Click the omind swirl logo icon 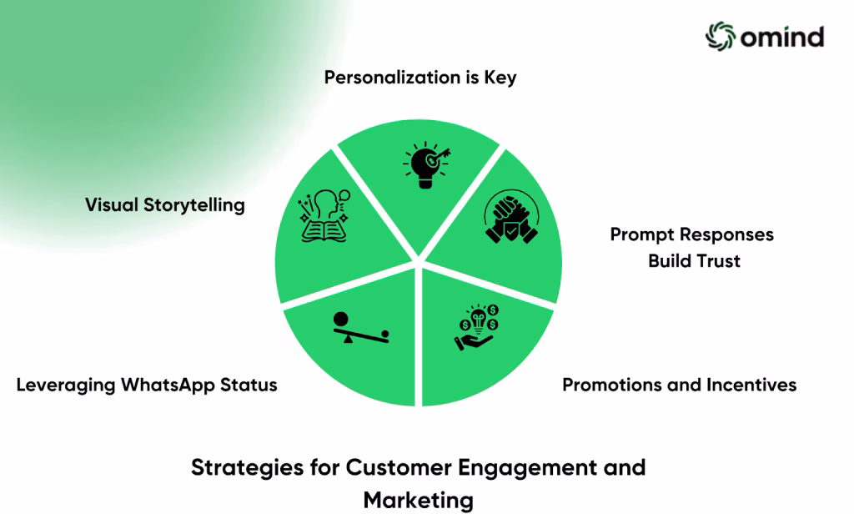[x=721, y=36]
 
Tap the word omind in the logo [x=782, y=37]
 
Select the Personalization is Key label [x=420, y=78]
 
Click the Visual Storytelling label [x=165, y=205]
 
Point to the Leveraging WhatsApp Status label [x=147, y=385]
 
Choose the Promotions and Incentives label [x=679, y=385]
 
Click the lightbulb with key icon [x=426, y=165]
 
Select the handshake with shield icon [x=511, y=216]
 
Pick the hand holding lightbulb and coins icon [x=477, y=327]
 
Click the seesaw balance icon [x=361, y=328]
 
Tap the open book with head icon [x=324, y=215]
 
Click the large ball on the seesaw [x=341, y=320]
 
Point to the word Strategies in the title [x=247, y=467]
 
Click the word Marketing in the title [x=419, y=500]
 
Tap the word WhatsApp [x=168, y=385]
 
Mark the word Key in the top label [x=500, y=78]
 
